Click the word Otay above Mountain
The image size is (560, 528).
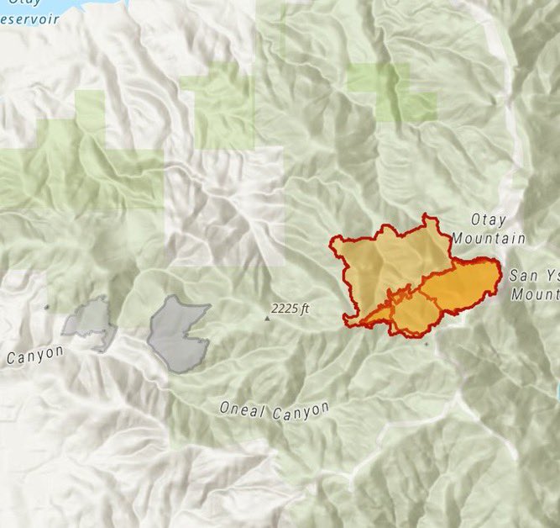488,220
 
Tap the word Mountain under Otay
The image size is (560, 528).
489,239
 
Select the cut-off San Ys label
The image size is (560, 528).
534,275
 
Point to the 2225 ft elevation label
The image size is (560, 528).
291,309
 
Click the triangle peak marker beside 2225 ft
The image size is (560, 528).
268,318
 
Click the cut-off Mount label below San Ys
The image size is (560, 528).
534,294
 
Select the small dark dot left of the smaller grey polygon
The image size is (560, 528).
46,309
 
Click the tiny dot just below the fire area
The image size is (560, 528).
427,344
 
